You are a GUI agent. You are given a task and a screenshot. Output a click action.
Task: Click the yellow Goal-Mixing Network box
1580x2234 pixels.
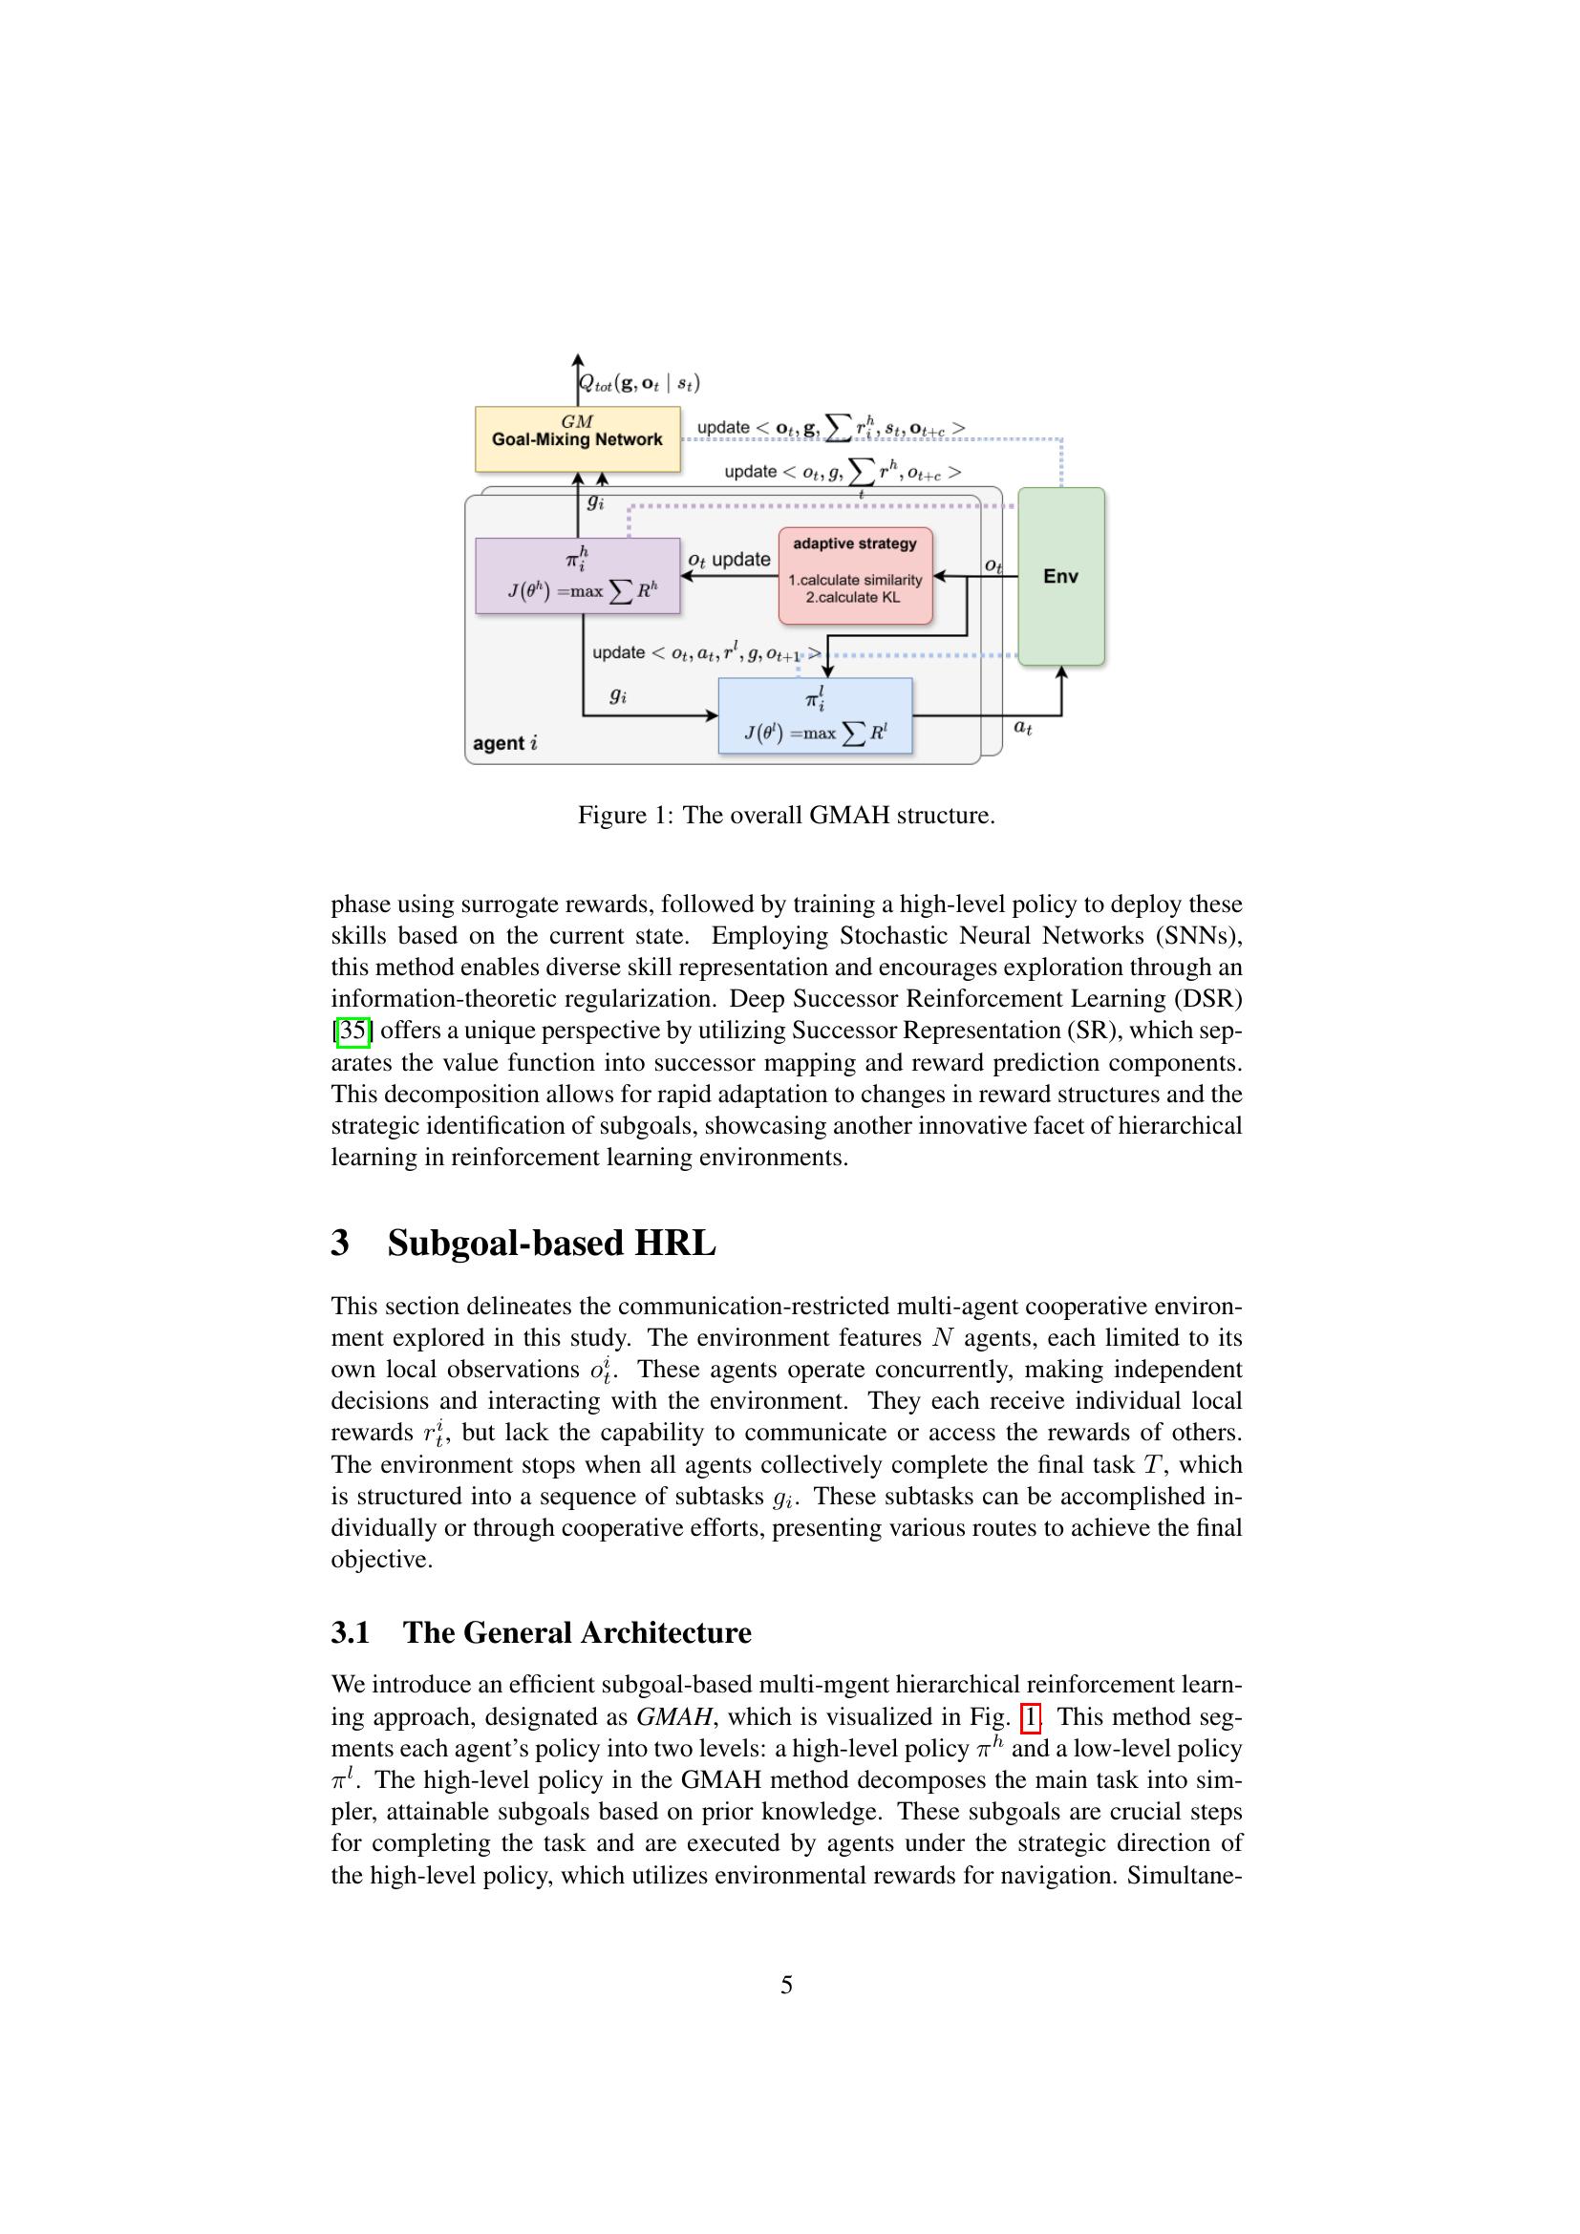tap(577, 438)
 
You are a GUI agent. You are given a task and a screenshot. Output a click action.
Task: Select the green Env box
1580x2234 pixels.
tap(1060, 576)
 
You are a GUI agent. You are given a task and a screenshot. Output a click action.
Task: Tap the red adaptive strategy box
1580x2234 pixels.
tap(854, 576)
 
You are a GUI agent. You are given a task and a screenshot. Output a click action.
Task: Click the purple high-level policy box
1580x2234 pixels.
tap(577, 575)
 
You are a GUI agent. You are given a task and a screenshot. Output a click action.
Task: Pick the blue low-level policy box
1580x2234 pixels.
tap(814, 716)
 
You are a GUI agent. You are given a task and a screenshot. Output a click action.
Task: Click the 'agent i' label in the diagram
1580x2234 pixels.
tap(504, 743)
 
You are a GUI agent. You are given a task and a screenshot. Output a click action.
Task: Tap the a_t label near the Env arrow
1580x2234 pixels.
tap(1022, 727)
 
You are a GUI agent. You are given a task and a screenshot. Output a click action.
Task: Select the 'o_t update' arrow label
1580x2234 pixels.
tap(729, 560)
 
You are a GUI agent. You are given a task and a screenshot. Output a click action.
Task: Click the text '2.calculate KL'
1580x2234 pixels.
tap(853, 597)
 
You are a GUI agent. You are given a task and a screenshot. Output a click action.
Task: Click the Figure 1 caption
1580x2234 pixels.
tap(786, 815)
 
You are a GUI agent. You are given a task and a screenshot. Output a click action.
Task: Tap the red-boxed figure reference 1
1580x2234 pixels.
tap(1031, 1716)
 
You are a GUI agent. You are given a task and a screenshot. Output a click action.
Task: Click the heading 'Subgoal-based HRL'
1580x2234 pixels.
tap(550, 1244)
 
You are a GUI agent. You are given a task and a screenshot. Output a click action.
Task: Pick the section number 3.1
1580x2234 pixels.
tap(351, 1632)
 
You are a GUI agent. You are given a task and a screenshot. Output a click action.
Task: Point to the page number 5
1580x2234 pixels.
tap(786, 1985)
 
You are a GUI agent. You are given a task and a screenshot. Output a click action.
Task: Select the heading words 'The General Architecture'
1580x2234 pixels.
tap(577, 1632)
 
